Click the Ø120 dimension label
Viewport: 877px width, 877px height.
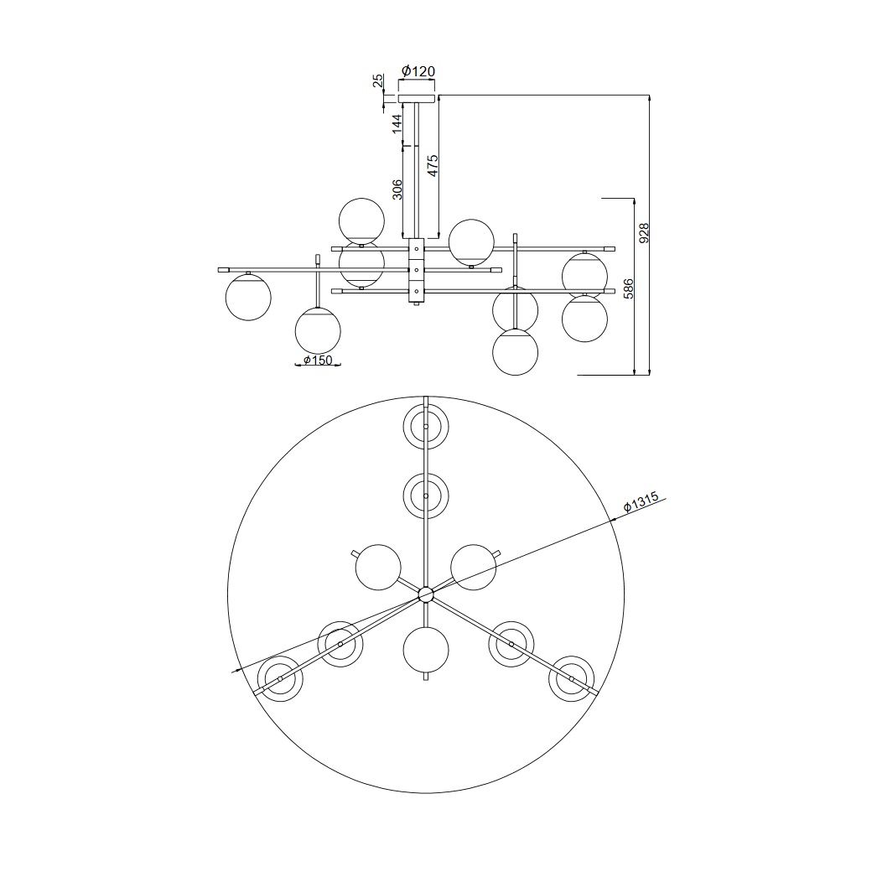[418, 71]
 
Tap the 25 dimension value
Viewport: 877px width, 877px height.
[379, 81]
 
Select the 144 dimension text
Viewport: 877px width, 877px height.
[397, 123]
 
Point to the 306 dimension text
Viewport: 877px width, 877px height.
[397, 189]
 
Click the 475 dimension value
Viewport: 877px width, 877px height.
[433, 165]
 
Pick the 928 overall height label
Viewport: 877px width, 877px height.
[644, 233]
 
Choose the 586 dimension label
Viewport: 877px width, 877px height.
[629, 288]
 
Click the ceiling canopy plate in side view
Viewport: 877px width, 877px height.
[417, 98]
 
